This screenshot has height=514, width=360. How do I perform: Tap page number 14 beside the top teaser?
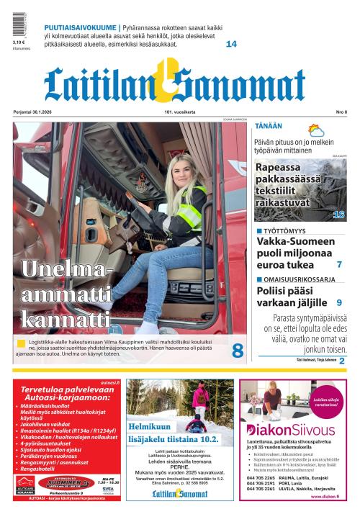(x=231, y=44)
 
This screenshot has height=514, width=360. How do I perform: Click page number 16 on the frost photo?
(x=338, y=214)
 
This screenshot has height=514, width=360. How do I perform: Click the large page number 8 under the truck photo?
(x=237, y=351)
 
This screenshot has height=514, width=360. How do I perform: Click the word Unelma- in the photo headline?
(x=67, y=269)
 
